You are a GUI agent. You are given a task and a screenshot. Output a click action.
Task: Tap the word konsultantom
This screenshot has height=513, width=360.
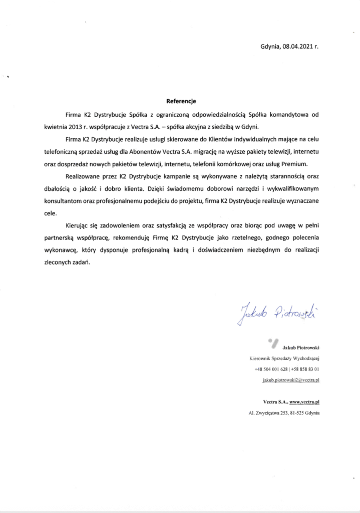[x=63, y=200]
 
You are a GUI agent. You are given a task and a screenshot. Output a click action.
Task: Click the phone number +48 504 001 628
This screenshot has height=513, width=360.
[x=272, y=369]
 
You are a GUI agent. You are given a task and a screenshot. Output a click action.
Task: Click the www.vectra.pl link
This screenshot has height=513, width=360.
[x=304, y=402]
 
